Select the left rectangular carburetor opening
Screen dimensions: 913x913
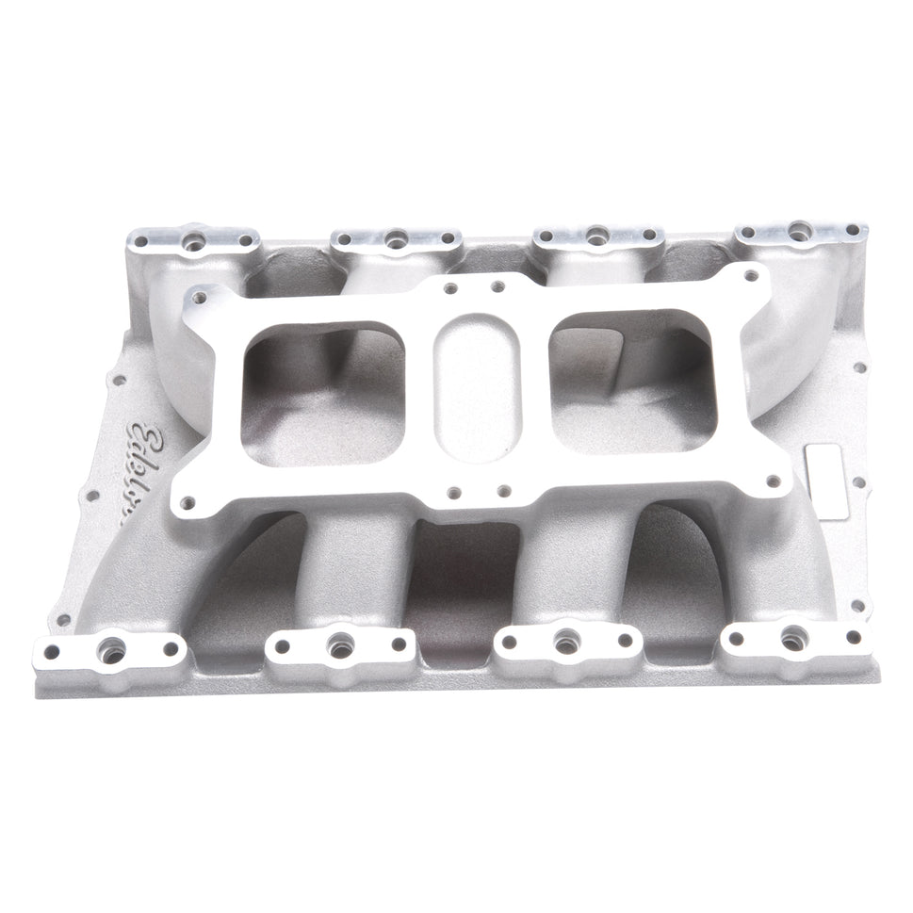324,387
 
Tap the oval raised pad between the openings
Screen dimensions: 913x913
477,386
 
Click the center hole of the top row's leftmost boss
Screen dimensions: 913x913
196,242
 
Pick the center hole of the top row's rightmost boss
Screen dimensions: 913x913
799,228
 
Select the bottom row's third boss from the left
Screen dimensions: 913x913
566,643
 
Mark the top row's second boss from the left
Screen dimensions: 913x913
396,240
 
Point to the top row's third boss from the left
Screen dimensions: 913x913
596,236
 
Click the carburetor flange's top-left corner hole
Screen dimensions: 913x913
198,298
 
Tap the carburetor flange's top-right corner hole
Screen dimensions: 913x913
750,277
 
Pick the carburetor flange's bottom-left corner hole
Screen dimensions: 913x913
188,502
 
